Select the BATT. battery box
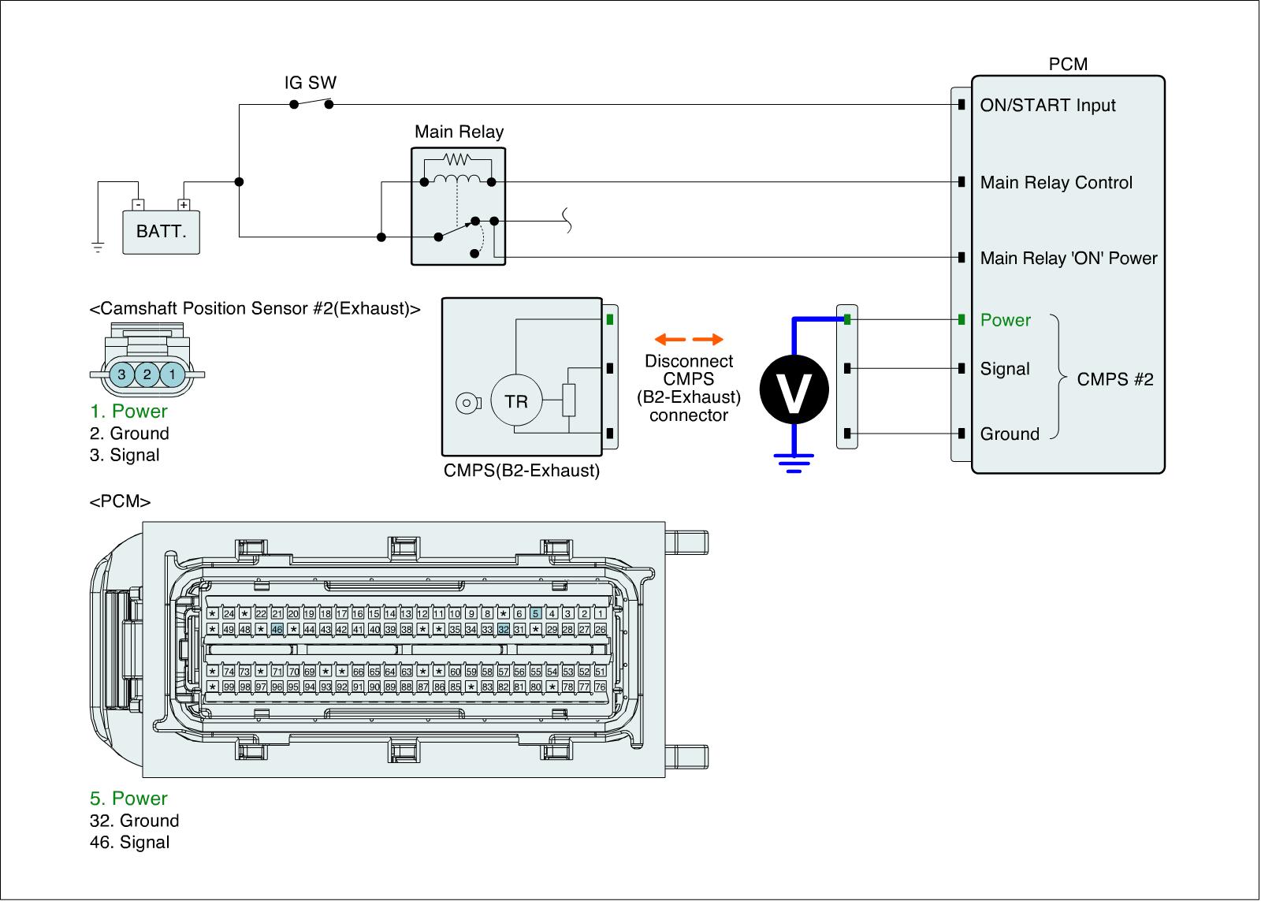[161, 232]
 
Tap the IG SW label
[311, 83]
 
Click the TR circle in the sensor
[516, 401]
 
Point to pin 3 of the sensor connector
[122, 374]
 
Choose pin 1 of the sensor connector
[172, 374]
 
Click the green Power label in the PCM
[1005, 320]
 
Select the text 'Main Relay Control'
[1056, 183]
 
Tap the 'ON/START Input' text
[1047, 106]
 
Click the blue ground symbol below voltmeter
[794, 463]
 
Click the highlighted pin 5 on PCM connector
[536, 613]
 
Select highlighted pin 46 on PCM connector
[277, 630]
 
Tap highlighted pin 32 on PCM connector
[504, 630]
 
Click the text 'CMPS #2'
[1115, 379]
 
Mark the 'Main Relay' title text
[459, 132]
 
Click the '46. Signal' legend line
[129, 843]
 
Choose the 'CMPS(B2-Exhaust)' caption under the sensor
[522, 471]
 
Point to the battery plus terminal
[184, 205]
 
